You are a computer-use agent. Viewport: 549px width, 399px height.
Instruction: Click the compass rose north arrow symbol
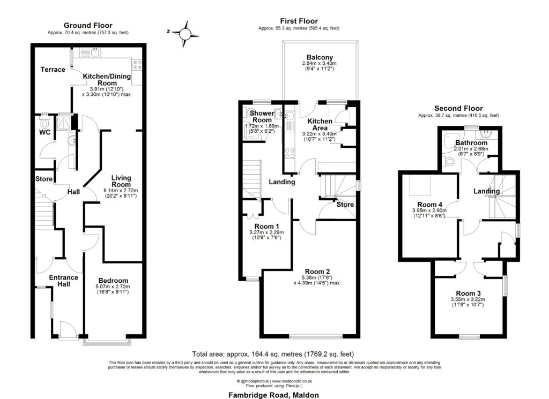click(185, 32)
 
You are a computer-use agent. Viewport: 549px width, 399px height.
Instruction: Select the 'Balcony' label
click(320, 57)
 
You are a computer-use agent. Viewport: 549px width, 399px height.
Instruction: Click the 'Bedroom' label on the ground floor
click(113, 281)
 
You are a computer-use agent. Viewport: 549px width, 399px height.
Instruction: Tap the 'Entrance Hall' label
click(63, 281)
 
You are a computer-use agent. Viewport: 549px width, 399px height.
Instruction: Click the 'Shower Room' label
click(258, 117)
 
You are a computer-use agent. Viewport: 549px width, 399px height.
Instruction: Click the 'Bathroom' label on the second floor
click(471, 143)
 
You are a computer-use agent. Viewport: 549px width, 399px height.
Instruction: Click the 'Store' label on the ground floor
click(43, 179)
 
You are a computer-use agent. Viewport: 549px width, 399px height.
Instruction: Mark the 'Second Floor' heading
click(458, 108)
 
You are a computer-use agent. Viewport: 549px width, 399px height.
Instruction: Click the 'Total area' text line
click(272, 354)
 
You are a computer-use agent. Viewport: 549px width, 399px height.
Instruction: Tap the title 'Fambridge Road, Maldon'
click(274, 395)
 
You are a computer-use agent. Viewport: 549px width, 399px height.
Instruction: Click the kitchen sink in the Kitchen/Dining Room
click(94, 52)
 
